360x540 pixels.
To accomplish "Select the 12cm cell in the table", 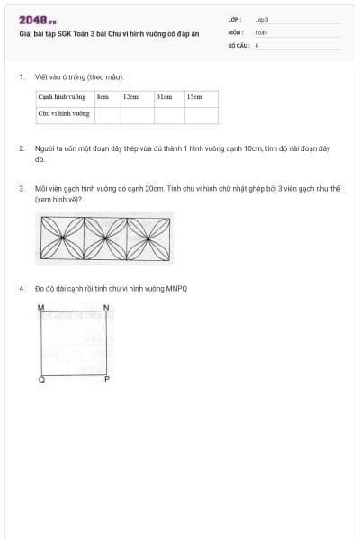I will click(x=130, y=96).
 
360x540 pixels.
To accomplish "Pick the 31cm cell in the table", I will click(x=164, y=96).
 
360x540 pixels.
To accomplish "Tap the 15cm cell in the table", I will click(x=194, y=96).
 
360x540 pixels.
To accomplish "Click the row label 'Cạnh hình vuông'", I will click(x=62, y=96).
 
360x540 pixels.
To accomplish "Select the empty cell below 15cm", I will click(x=201, y=115).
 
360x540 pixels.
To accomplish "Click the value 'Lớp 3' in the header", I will click(x=262, y=19).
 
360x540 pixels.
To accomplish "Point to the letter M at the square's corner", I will click(x=41, y=308).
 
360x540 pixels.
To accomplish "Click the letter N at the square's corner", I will click(x=106, y=308).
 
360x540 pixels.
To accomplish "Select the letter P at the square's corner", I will click(x=106, y=380).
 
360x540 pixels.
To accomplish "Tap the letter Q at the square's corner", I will click(x=41, y=380).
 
